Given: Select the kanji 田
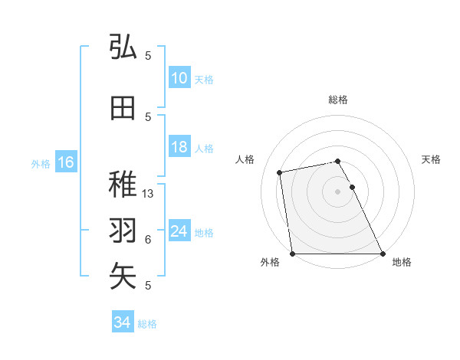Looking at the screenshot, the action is [x=123, y=108].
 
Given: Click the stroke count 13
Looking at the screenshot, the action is [x=149, y=194].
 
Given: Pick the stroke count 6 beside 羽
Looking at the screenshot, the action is [x=148, y=240].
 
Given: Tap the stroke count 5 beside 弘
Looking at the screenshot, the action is [x=148, y=56].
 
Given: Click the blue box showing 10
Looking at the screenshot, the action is [x=179, y=78].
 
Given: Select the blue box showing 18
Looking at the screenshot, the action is [x=179, y=147].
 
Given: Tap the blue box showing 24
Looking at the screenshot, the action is [x=179, y=231].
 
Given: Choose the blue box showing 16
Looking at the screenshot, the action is [x=65, y=162].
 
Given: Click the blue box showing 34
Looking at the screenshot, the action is [x=122, y=322].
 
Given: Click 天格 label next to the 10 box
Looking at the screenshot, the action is [x=204, y=80].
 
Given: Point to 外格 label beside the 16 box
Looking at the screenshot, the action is [x=41, y=163].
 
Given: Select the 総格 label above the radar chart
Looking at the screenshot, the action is [x=338, y=100].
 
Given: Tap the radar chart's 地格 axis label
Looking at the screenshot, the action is [x=402, y=262].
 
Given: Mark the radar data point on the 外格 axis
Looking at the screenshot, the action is [x=293, y=254].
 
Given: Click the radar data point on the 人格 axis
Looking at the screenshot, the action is [x=281, y=172].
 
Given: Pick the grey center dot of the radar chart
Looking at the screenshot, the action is [x=338, y=191].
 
